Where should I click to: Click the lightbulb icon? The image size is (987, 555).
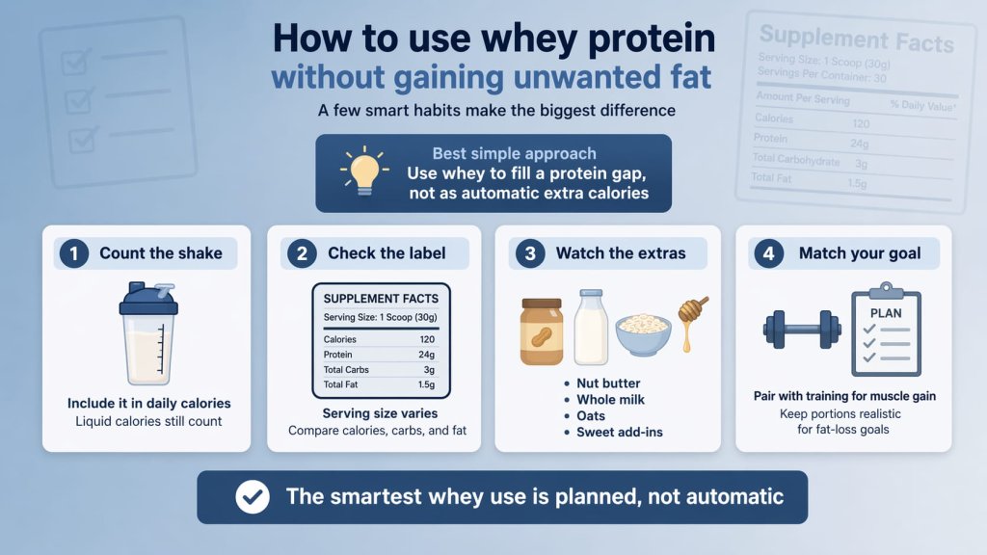coord(365,171)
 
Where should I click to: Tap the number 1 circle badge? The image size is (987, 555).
coord(73,254)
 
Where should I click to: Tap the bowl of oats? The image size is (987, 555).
coord(643,334)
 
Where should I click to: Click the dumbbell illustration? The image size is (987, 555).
coord(802,329)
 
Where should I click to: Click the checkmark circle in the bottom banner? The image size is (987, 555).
coord(253,497)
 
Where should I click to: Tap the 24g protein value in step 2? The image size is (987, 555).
coord(427,355)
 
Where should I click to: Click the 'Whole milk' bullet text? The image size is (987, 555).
coord(610,399)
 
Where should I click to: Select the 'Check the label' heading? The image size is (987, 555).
coord(387,254)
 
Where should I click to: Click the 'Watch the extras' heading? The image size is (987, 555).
coord(621,254)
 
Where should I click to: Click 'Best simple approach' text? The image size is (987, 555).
coord(514,153)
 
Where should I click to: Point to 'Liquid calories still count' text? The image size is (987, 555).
coord(148,421)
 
